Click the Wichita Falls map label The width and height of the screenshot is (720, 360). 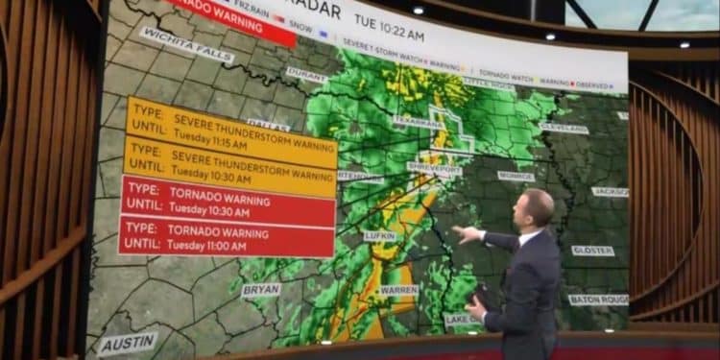click(x=186, y=44)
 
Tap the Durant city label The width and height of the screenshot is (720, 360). click(x=306, y=73)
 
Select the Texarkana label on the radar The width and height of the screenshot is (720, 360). click(x=419, y=122)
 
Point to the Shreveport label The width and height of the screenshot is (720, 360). click(x=435, y=167)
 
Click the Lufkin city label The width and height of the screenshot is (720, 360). click(x=380, y=235)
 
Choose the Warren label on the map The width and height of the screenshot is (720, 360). click(x=398, y=289)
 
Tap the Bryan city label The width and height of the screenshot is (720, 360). click(x=261, y=289)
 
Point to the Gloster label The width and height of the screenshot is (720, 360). click(x=592, y=251)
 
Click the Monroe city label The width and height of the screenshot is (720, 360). click(x=516, y=177)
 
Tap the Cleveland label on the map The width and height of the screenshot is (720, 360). click(x=564, y=128)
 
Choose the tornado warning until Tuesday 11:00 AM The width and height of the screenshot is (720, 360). click(x=227, y=236)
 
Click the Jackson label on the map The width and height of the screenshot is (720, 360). click(x=612, y=192)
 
